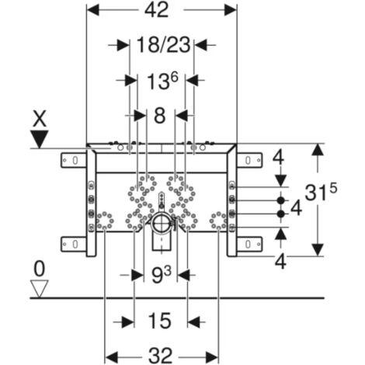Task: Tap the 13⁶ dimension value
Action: [161, 81]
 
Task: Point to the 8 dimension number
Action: [160, 116]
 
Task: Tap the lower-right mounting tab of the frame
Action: [246, 244]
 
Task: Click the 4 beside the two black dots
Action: [296, 208]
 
